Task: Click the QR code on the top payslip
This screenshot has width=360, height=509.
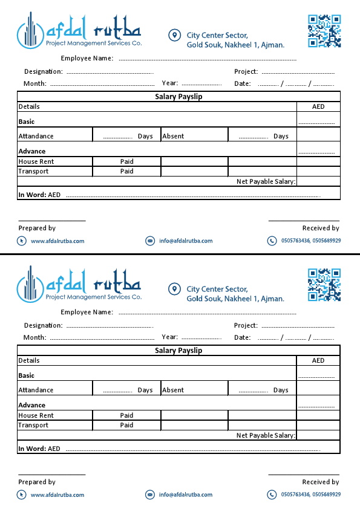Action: coord(324,31)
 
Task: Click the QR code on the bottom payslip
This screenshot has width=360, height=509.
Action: coord(324,285)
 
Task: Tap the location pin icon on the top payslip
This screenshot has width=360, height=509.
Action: coord(174,36)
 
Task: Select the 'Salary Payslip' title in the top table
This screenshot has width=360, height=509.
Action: coord(178,97)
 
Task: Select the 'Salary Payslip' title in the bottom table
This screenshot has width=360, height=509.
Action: coord(178,351)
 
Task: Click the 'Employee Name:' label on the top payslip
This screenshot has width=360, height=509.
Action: coord(87,59)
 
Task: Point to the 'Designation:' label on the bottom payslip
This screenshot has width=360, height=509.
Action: coord(44,326)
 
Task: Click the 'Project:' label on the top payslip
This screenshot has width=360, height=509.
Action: coord(246,72)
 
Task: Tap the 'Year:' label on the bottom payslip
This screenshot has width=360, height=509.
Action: coord(170,337)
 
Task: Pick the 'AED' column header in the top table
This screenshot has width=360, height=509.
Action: coord(318,107)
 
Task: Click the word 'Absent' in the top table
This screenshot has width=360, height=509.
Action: coord(173,137)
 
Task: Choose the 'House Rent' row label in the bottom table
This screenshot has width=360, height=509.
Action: coord(36,416)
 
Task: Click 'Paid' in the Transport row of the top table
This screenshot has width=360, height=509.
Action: coord(126,172)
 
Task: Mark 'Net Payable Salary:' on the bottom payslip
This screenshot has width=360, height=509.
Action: coord(266,435)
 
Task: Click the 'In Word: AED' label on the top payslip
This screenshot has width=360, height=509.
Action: coord(39,195)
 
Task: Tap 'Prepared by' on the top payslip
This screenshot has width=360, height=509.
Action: coord(37,229)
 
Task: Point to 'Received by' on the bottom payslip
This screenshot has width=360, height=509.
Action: coord(321,482)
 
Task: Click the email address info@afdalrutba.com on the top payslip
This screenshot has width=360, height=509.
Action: coord(186,241)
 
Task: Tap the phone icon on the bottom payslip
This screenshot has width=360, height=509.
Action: coord(272,494)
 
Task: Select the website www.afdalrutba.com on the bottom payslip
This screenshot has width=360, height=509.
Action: coord(57,495)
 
